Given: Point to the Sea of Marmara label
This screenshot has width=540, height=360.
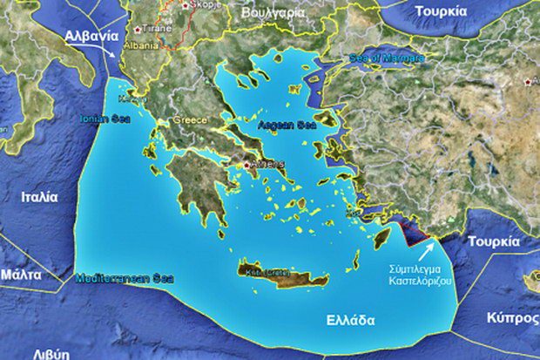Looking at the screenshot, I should (x=387, y=58).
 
